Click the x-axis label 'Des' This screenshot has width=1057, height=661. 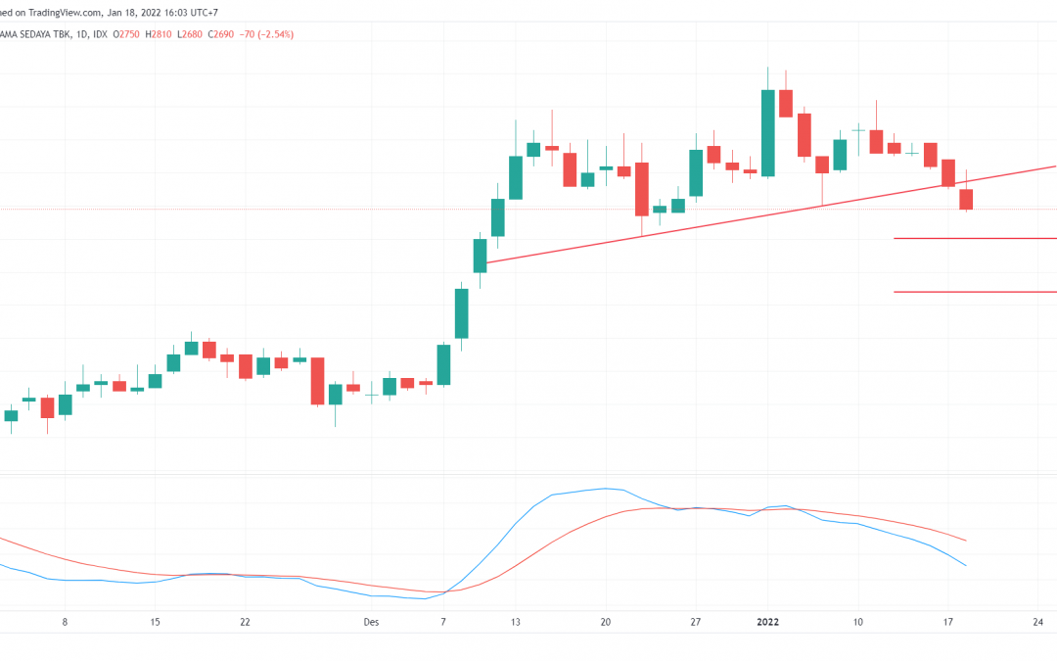tap(370, 621)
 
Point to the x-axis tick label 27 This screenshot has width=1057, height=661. tap(696, 621)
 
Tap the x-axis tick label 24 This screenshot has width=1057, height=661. tap(1037, 621)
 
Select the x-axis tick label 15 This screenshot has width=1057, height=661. tap(155, 621)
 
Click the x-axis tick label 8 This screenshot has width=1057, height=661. tap(65, 621)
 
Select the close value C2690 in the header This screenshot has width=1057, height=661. tap(225, 34)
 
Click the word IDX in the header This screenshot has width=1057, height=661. tap(94, 34)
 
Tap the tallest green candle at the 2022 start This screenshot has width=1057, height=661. tap(768, 132)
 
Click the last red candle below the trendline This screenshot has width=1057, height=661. tap(967, 199)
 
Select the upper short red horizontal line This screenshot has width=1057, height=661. tap(974, 238)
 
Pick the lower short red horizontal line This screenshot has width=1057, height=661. tap(974, 291)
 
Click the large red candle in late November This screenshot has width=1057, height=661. tap(317, 381)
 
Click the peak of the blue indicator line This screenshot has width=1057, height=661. tap(607, 488)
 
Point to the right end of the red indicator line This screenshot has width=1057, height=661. tap(966, 540)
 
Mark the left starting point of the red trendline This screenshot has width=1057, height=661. tap(485, 262)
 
